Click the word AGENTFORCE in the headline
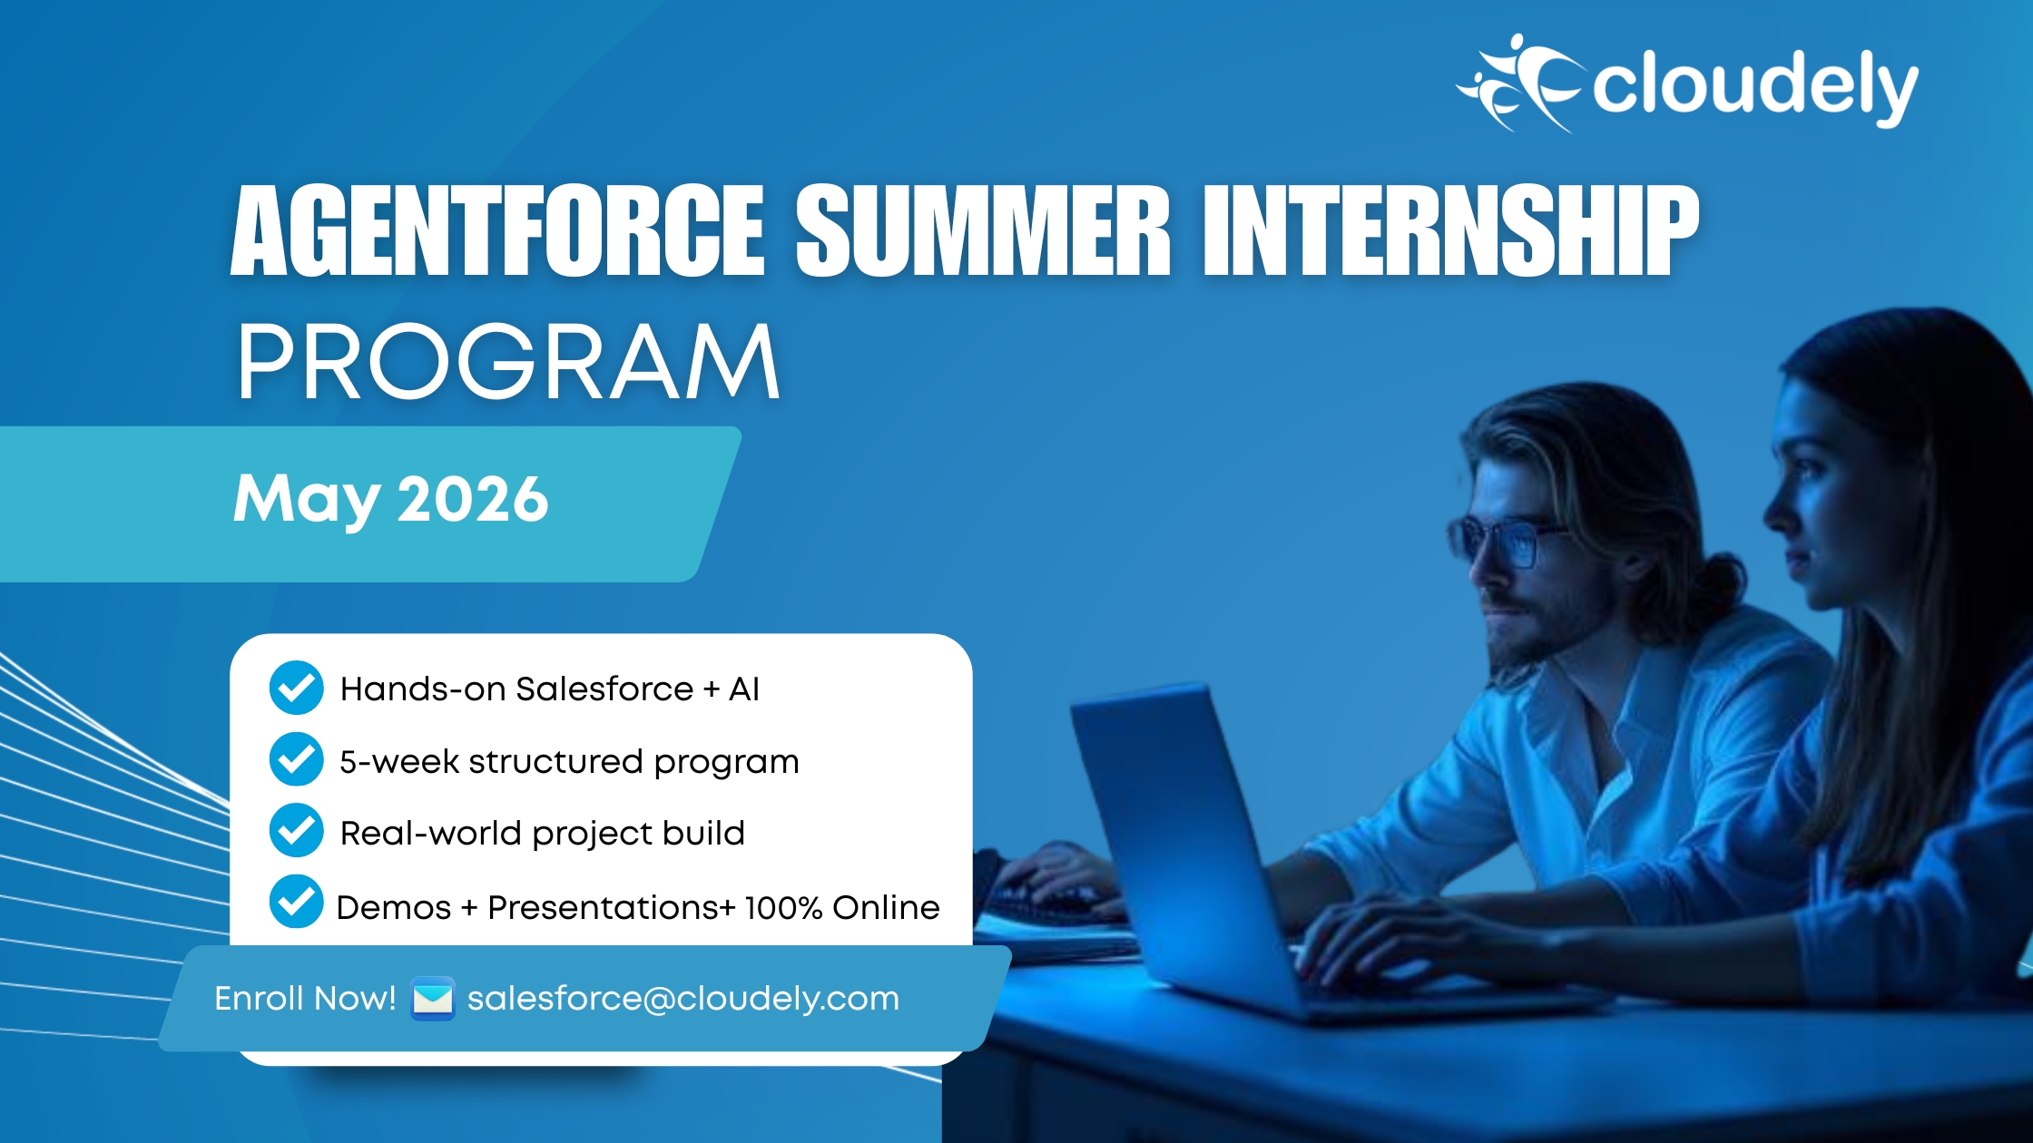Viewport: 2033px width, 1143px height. (497, 231)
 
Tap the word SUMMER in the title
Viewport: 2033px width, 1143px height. (983, 231)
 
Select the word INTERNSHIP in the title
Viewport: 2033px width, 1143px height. (1450, 231)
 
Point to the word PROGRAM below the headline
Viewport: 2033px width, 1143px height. (508, 363)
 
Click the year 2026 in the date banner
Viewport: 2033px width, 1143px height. (473, 499)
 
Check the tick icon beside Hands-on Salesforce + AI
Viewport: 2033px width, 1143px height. (296, 688)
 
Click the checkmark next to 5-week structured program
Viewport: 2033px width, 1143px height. (296, 759)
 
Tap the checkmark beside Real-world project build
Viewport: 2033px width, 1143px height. (296, 830)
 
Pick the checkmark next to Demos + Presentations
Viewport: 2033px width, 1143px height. (296, 901)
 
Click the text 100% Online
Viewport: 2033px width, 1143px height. (841, 907)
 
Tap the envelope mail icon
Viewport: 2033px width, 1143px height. (432, 999)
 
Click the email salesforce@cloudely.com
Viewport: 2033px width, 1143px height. (683, 999)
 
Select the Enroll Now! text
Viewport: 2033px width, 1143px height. (305, 999)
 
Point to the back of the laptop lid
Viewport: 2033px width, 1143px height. (1171, 835)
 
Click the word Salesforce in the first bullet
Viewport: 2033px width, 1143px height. (604, 689)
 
